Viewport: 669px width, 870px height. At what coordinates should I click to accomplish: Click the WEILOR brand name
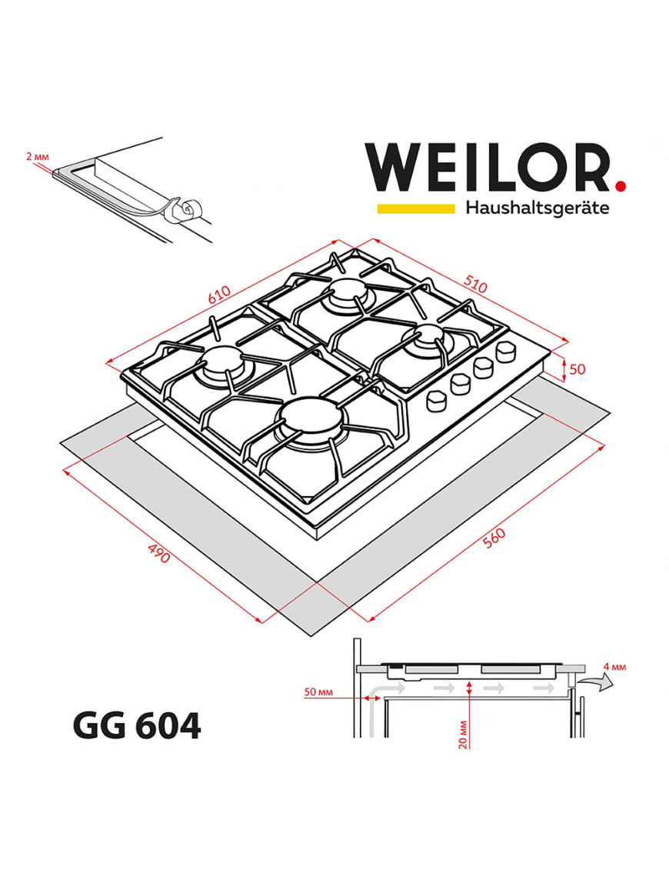pyautogui.click(x=488, y=167)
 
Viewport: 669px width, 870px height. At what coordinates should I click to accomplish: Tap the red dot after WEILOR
pyautogui.click(x=621, y=185)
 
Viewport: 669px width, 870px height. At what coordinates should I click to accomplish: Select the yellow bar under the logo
pyautogui.click(x=415, y=208)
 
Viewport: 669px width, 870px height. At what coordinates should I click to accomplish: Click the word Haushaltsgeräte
pyautogui.click(x=538, y=208)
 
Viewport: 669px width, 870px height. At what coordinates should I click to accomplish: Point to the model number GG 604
pyautogui.click(x=136, y=725)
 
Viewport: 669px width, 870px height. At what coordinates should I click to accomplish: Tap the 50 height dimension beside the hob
pyautogui.click(x=577, y=369)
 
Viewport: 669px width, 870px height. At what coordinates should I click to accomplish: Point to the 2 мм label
pyautogui.click(x=36, y=157)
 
